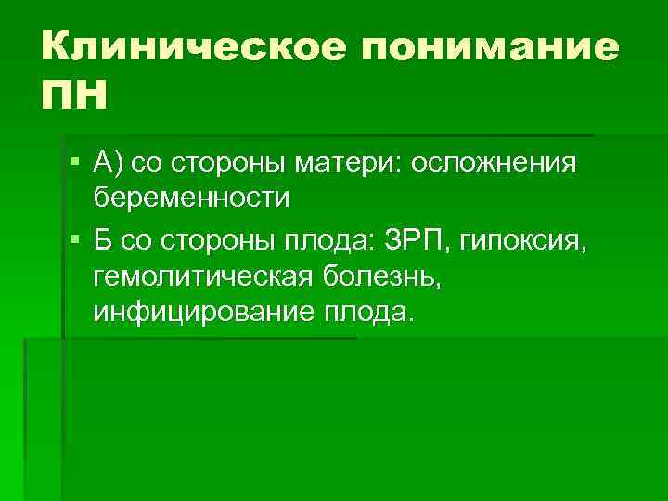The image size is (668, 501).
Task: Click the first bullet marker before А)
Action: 74,163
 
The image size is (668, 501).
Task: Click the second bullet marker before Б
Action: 74,241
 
